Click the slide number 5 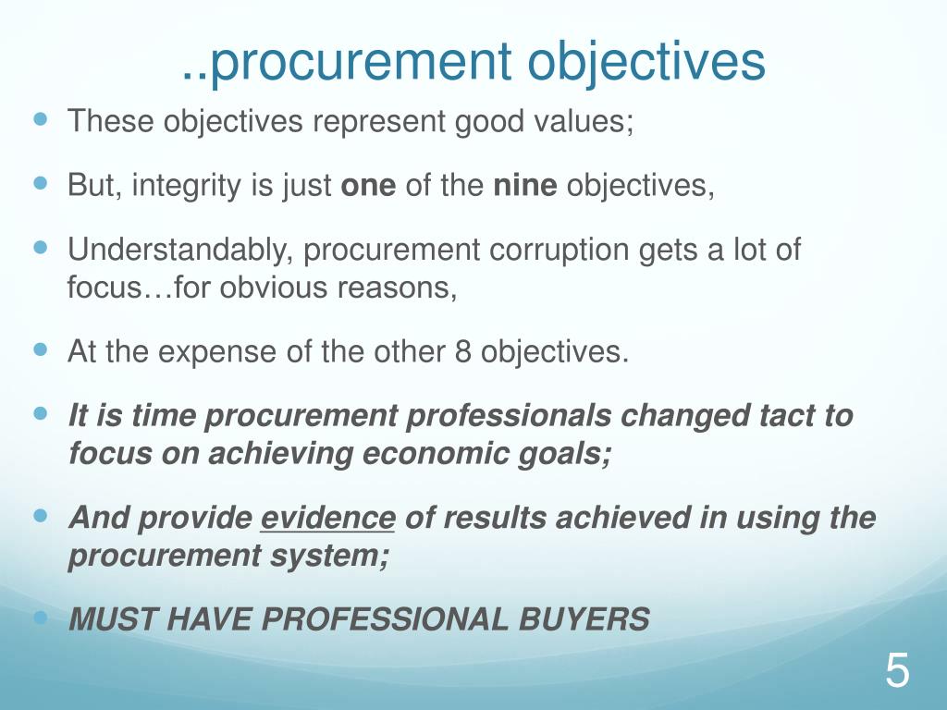[897, 670]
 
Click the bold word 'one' [369, 186]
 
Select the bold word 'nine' [525, 186]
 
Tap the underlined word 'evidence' [327, 519]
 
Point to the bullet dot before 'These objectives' [40, 119]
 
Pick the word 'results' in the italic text [494, 519]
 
